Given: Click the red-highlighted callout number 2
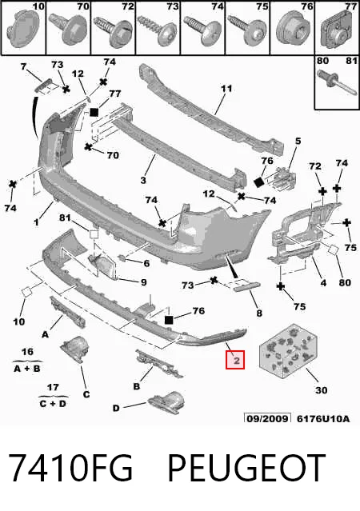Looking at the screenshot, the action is point(235,360).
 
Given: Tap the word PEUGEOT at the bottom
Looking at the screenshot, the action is point(246,468).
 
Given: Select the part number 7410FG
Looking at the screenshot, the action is point(70,468).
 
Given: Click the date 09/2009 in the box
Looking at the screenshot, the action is point(268,418).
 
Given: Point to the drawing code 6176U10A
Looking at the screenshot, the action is point(323,418).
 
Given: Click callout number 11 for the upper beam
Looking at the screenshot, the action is point(226,89).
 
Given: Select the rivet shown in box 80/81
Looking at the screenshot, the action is point(337,83).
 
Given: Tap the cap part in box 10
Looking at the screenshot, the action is point(23,29).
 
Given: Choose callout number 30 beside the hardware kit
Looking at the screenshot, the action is point(321,390).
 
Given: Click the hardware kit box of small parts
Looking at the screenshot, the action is point(288,349).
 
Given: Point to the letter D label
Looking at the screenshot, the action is point(116,408).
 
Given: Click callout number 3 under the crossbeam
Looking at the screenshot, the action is point(143,180).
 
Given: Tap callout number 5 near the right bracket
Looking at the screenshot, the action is point(298,141).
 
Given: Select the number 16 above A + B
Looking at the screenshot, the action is point(27,352).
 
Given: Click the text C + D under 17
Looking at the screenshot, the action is point(53,404).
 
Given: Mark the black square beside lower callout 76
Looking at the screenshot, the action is point(169,320).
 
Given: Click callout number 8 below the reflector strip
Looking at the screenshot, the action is point(259,313).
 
